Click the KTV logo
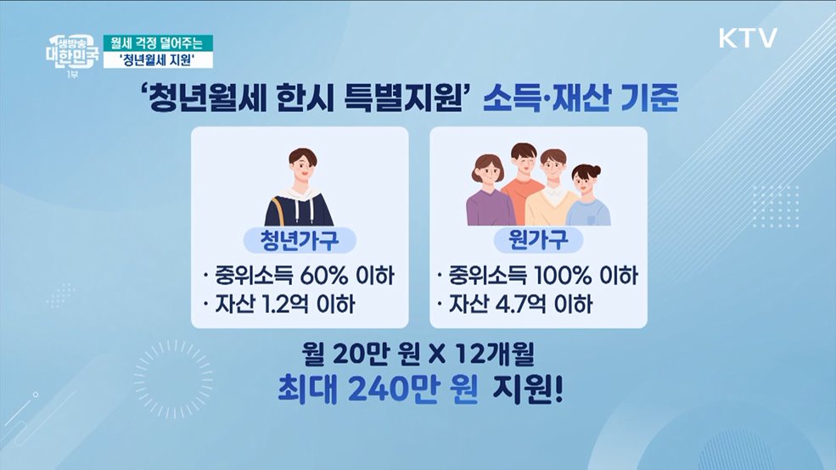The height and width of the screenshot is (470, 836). coord(748,38)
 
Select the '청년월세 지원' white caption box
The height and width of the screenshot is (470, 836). coord(158,59)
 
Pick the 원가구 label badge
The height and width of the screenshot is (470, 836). coord(538,240)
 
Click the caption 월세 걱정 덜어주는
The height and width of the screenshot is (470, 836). coord(158,42)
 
